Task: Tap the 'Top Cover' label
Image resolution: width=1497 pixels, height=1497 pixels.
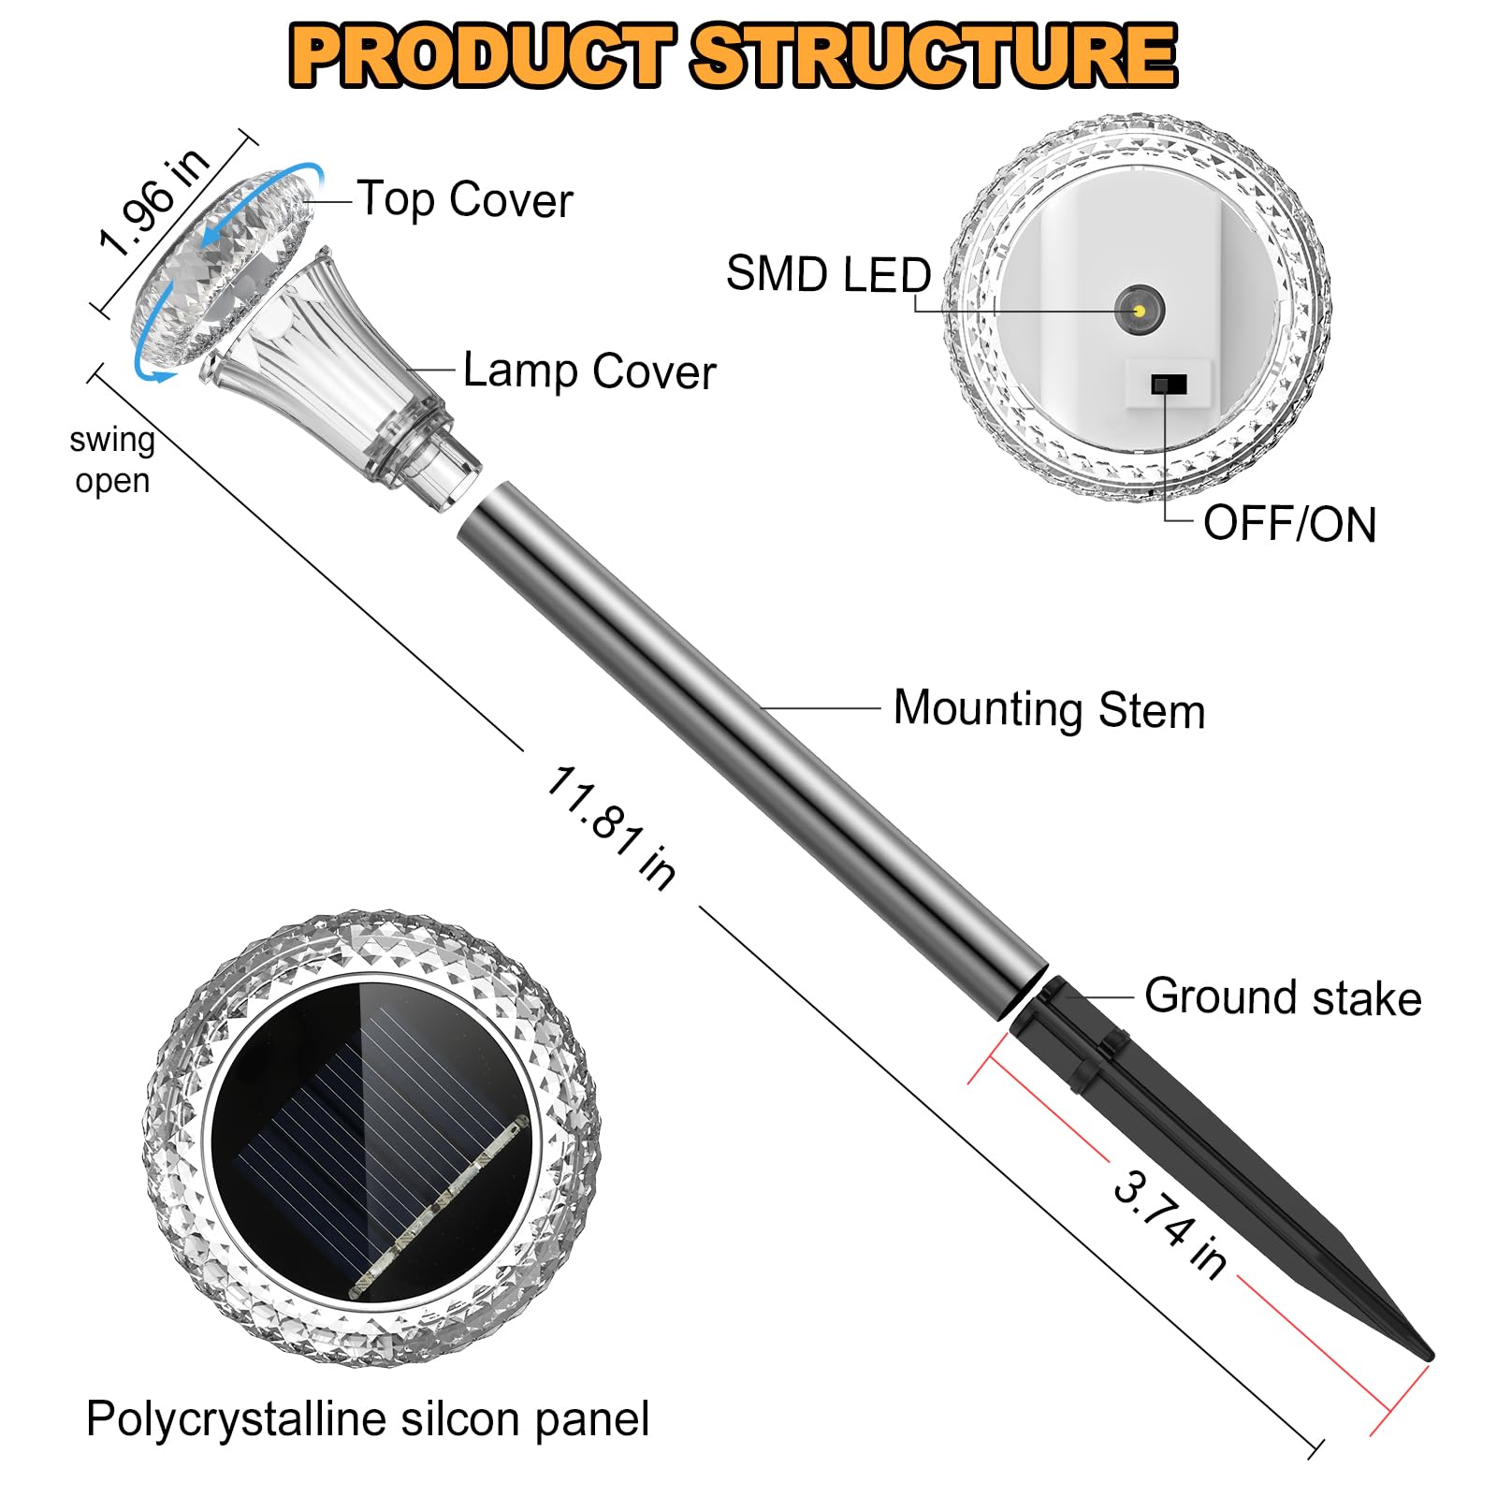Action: click(x=465, y=199)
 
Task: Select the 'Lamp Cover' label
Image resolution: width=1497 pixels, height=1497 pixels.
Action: click(x=589, y=371)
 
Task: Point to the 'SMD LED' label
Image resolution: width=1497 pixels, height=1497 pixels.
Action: click(x=828, y=274)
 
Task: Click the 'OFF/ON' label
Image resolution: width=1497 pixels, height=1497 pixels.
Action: click(x=1289, y=524)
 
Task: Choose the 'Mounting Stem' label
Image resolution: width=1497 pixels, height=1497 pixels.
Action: click(x=1049, y=709)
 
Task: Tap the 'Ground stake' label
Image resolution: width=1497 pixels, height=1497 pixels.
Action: click(x=1283, y=997)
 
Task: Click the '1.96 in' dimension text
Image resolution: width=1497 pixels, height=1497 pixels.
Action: click(x=155, y=201)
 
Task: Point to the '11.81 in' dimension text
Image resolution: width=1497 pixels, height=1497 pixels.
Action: click(x=611, y=827)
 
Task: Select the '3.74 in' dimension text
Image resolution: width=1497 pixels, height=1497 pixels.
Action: click(x=1170, y=1223)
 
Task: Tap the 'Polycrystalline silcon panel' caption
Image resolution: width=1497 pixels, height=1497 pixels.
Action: click(x=368, y=1419)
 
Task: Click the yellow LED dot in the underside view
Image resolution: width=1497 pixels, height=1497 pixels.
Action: click(x=1139, y=309)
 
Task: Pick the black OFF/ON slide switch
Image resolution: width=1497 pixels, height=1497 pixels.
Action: click(x=1169, y=385)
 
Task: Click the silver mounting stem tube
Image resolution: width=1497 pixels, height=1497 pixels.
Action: click(x=748, y=748)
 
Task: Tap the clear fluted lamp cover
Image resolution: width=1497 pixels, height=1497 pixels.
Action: click(x=327, y=365)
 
